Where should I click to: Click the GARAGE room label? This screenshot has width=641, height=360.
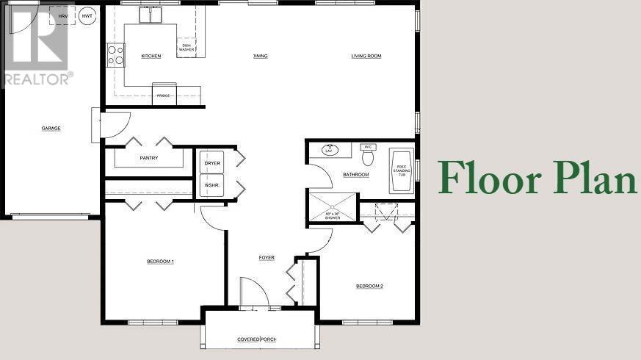(51, 129)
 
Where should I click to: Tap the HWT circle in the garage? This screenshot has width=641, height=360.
(87, 15)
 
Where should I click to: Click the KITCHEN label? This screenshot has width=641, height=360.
(151, 56)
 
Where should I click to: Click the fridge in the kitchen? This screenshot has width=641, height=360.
(164, 93)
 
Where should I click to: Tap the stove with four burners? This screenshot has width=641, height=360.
(116, 55)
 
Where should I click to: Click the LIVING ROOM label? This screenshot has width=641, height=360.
(366, 56)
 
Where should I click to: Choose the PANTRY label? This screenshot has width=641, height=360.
(150, 158)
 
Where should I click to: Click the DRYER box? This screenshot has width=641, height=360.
(212, 162)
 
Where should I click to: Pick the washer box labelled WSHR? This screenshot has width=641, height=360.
(212, 185)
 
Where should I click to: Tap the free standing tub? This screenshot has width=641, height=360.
(401, 170)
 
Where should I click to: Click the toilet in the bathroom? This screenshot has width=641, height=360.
(369, 156)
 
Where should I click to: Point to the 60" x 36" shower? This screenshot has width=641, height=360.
(332, 206)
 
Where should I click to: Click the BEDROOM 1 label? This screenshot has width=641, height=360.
(160, 262)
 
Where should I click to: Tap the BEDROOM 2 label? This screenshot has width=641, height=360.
(369, 286)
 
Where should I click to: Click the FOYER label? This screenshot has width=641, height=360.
(267, 258)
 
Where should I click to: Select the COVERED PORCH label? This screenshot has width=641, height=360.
(256, 339)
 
